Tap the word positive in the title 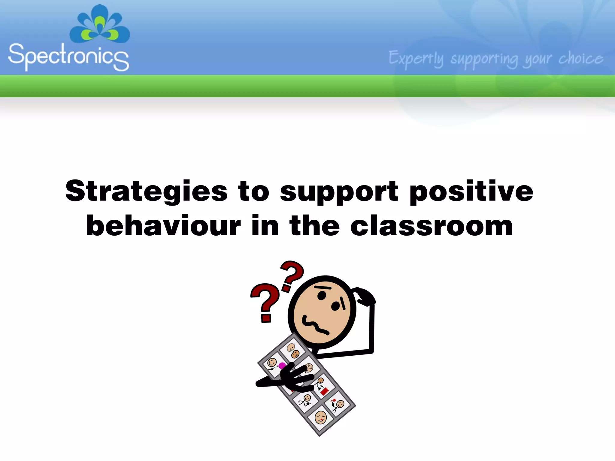coord(471,191)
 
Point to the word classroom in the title coord(432,226)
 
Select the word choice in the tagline coord(580,59)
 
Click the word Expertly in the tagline coord(416,59)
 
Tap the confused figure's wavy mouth coord(315,325)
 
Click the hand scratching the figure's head coord(364,296)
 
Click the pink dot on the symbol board coord(282,366)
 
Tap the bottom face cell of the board coord(320,417)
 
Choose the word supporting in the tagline coord(484,59)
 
